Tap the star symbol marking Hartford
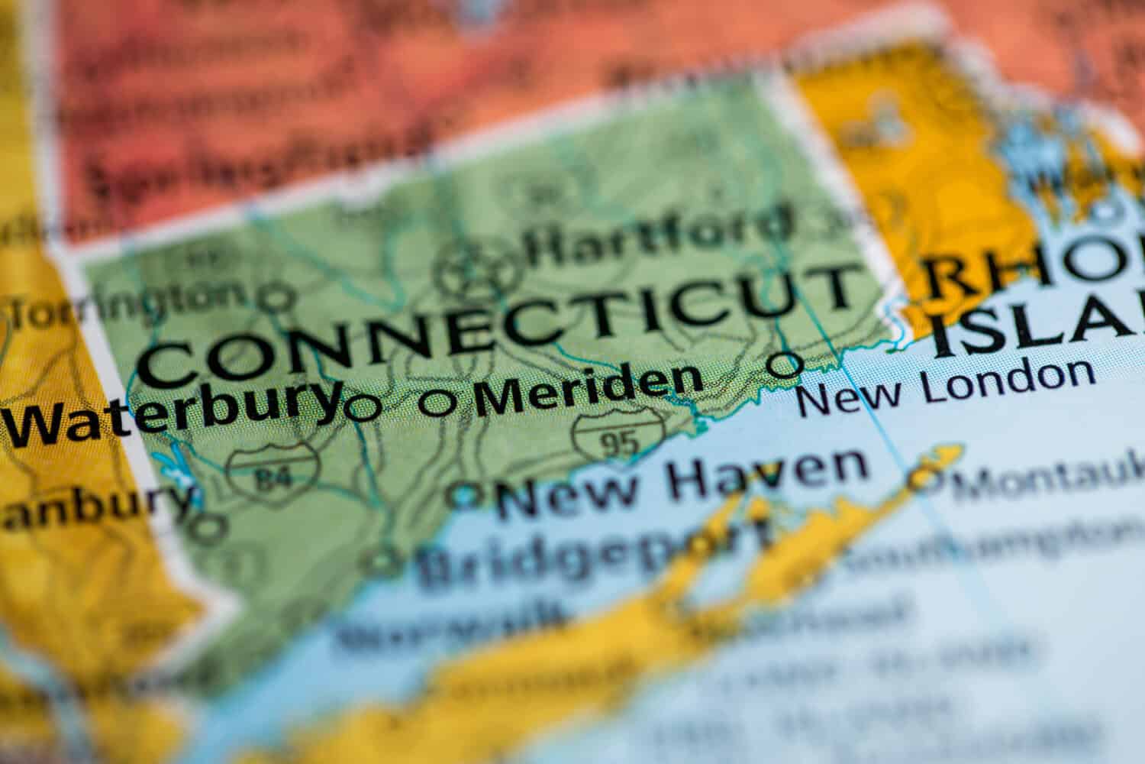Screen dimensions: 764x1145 coord(478,268)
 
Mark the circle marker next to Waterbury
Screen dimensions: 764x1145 coord(362,408)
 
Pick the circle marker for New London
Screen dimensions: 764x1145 coord(784,364)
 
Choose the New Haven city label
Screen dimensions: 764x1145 coord(682,477)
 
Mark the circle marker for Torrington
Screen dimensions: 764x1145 coord(278,298)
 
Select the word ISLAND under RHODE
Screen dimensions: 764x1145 coord(1038,325)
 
